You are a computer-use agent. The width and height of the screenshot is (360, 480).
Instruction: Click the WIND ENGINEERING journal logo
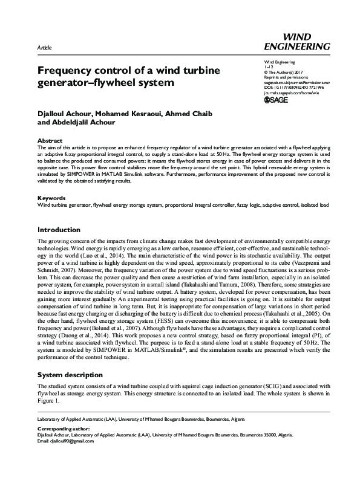297,41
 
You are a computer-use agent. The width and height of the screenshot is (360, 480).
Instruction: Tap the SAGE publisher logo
277,101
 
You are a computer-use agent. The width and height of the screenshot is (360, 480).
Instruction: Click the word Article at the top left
44,47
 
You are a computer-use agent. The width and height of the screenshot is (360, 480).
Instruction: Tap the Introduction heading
59,230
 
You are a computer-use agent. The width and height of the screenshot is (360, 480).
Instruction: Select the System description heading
70,375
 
